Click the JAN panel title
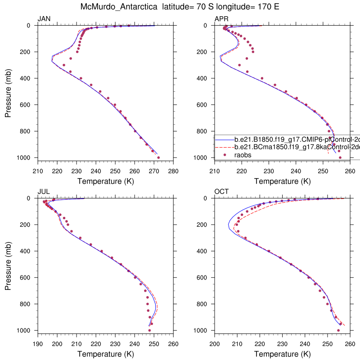click(44, 19)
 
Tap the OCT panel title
click(221, 192)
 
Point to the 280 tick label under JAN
click(174, 171)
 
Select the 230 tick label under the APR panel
click(269, 171)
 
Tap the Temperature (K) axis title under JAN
click(105, 181)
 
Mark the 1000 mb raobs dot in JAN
click(158, 157)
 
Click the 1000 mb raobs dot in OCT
click(338, 330)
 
